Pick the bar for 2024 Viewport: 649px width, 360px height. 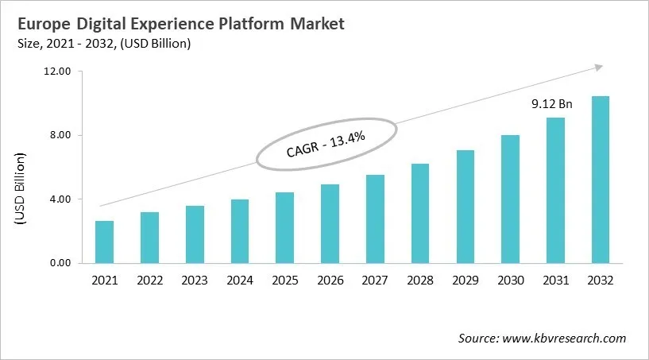pos(240,231)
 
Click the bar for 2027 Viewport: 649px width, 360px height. pos(375,219)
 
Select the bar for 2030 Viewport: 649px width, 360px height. pos(510,199)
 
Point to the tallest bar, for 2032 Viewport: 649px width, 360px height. pos(601,180)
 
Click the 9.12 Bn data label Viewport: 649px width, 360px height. pos(551,104)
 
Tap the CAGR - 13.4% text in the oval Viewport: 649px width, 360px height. pos(326,144)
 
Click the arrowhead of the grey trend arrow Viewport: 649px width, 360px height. pos(600,68)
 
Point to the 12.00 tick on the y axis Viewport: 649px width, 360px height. pos(57,72)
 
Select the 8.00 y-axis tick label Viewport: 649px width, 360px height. pos(60,135)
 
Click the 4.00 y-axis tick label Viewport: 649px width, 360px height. pos(60,199)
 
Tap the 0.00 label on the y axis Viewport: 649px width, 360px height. pos(60,263)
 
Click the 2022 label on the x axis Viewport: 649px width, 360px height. pos(149,280)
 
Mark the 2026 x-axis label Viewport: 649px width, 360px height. pos(330,280)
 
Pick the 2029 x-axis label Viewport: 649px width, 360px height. pos(465,280)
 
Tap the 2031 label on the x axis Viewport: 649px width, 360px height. pos(555,280)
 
